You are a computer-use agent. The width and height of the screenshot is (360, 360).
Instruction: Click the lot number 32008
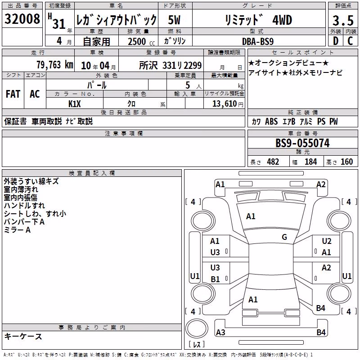[22, 19]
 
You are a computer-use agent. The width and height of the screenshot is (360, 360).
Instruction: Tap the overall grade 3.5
[343, 21]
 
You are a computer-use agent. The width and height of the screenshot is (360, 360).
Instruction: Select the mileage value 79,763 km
[55, 65]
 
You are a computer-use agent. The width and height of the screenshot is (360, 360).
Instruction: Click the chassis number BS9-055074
[302, 143]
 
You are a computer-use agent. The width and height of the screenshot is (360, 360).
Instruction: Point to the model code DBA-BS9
[258, 41]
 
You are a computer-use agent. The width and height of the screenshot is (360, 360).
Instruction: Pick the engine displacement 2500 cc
[141, 41]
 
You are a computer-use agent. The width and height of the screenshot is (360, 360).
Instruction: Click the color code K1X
[75, 104]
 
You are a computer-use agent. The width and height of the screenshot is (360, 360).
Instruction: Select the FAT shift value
[13, 94]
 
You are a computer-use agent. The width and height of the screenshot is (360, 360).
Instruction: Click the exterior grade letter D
[336, 41]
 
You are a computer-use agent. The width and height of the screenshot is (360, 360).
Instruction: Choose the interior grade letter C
[350, 41]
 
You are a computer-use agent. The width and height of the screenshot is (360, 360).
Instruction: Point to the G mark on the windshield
[284, 237]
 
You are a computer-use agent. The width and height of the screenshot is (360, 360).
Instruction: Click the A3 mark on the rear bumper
[220, 332]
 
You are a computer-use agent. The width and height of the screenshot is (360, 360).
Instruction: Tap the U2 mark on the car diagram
[327, 241]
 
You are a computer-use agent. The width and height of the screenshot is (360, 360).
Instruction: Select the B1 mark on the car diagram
[215, 279]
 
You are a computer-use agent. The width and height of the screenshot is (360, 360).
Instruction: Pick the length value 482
[273, 162]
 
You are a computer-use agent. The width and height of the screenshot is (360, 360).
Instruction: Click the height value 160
[346, 162]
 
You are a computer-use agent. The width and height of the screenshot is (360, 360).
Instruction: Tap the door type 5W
[174, 20]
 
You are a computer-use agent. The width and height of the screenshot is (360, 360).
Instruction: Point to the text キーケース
[23, 336]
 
